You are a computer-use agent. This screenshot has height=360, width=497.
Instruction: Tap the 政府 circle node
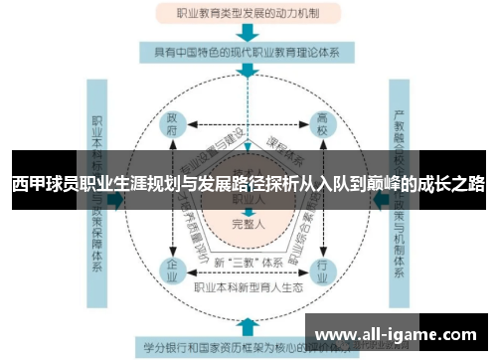(173, 127)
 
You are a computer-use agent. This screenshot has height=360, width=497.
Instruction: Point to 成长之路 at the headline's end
(452, 184)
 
